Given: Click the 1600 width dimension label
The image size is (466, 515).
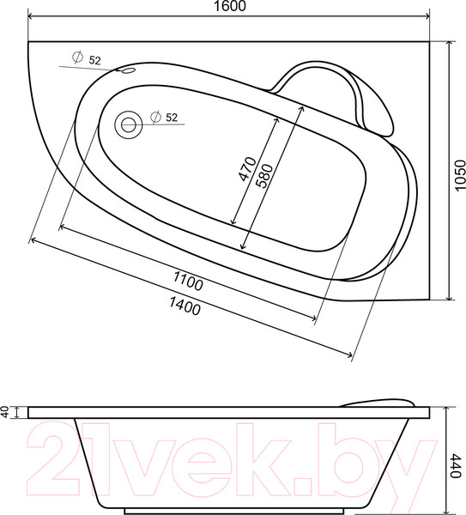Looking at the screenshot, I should pos(228,7).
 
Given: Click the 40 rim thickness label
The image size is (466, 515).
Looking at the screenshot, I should pos(6,413).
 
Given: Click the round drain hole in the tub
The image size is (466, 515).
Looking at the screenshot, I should pos(130,124).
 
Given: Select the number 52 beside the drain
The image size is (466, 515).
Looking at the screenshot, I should pos(171,118).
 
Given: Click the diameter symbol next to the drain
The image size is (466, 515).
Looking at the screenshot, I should pos(155,118).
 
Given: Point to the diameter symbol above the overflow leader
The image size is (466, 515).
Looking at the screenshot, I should pos(77,58).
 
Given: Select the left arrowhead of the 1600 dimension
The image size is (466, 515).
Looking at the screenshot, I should pos(33,17).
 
